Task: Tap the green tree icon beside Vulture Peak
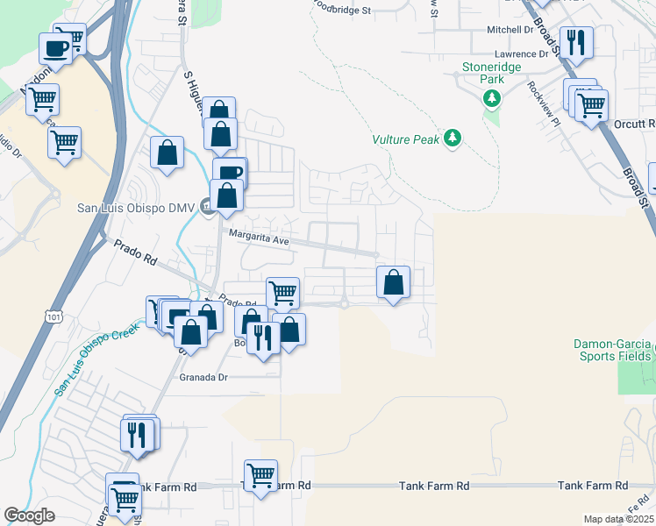[453, 138]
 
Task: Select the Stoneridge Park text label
[492, 73]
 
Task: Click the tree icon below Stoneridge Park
[492, 96]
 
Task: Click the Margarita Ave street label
[259, 236]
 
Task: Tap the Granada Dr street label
[203, 377]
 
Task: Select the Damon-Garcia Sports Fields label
[614, 350]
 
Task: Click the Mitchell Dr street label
[510, 30]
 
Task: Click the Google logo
[29, 515]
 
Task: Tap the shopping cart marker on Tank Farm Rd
[260, 475]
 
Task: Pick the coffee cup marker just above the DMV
[230, 173]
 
